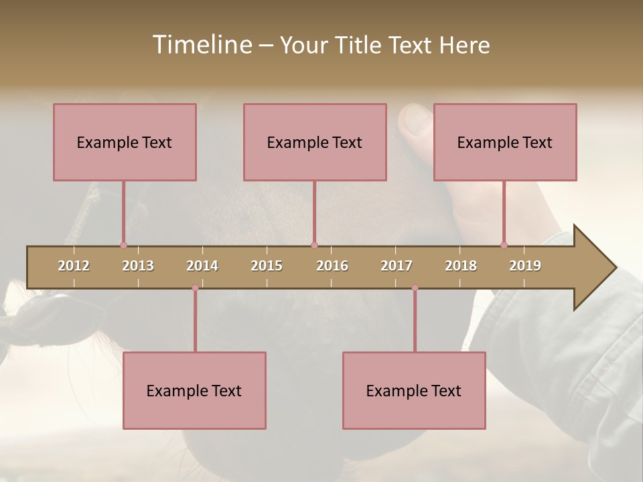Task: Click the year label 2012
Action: [x=74, y=266]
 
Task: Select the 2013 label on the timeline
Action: [x=138, y=266]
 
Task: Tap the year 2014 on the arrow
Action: [x=202, y=266]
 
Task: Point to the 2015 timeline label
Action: [x=267, y=266]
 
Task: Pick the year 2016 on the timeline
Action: [x=332, y=266]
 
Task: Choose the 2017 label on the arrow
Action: [x=397, y=266]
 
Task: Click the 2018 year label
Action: [x=461, y=266]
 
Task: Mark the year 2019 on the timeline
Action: [x=525, y=266]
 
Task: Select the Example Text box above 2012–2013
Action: [x=125, y=142]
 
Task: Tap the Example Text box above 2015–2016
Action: [x=315, y=142]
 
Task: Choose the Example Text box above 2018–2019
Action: [x=505, y=142]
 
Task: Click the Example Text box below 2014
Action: [x=194, y=390]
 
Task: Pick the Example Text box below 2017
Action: [x=414, y=390]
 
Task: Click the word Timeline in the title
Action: [x=201, y=45]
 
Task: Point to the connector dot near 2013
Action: [x=123, y=245]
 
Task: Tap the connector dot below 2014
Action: [x=195, y=288]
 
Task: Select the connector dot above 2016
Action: [x=314, y=245]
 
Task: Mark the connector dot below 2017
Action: [x=415, y=288]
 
